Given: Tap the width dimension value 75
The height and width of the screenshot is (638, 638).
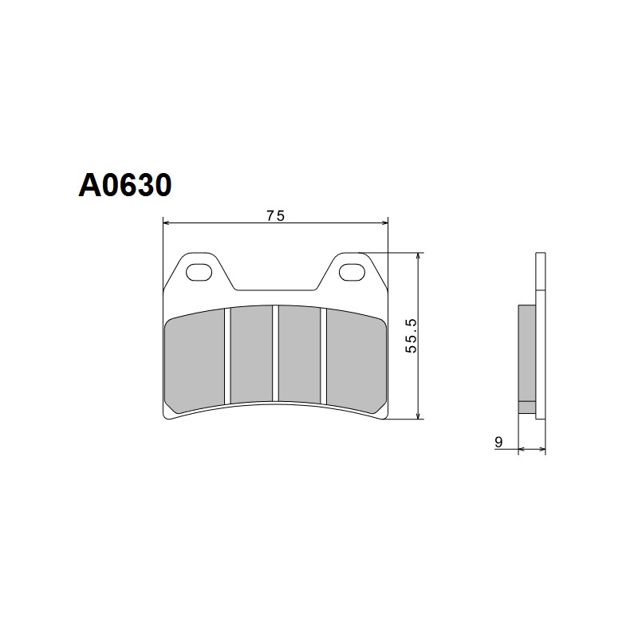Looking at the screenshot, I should point(276,215).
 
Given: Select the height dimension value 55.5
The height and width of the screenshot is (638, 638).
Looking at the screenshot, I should point(412,335).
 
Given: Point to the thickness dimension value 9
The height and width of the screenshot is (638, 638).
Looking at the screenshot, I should point(498,441).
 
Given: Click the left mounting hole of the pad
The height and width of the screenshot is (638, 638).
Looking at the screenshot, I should point(195,274).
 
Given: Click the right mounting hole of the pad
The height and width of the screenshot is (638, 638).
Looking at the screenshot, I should point(349,274).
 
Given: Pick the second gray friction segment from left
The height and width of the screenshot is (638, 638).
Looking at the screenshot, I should point(251,354).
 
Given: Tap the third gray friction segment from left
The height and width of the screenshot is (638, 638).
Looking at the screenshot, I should point(298,354).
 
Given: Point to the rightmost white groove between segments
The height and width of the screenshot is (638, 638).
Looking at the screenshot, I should point(323,356).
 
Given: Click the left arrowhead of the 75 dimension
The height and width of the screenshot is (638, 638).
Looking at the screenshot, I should point(167,223).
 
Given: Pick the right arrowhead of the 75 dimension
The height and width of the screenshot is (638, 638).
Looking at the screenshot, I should point(384,223).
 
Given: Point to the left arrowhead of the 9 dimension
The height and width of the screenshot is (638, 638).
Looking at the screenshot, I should point(522,451).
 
